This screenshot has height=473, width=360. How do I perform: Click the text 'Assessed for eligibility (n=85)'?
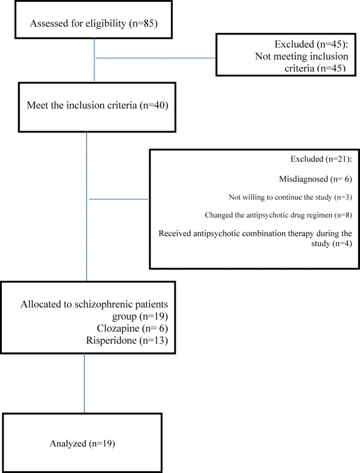click(x=94, y=23)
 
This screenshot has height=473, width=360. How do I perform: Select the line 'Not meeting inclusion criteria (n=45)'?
click(x=302, y=62)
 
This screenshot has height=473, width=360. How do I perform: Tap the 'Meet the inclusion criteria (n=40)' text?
click(x=97, y=105)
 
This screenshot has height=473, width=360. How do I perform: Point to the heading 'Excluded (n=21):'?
click(x=321, y=159)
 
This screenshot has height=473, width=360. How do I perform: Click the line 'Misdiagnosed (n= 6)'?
click(x=315, y=179)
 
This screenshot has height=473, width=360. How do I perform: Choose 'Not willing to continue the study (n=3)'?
click(x=290, y=197)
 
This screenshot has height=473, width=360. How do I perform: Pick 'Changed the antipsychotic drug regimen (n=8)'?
click(x=278, y=215)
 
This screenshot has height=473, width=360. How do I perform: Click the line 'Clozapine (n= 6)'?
click(x=132, y=329)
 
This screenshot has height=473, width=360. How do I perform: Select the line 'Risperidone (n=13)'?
click(x=127, y=341)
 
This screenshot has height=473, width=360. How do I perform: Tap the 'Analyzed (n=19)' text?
click(x=82, y=444)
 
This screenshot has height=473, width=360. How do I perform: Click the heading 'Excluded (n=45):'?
click(x=311, y=44)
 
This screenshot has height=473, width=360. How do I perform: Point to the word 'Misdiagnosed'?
click(x=303, y=179)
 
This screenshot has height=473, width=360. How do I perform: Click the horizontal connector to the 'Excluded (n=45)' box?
click(x=155, y=58)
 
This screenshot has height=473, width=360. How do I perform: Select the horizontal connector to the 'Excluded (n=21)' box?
click(x=118, y=199)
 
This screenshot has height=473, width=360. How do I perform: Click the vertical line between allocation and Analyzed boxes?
click(x=84, y=383)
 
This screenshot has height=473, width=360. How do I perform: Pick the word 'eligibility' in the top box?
click(x=105, y=24)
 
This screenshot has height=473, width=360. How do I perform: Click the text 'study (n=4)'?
click(x=332, y=244)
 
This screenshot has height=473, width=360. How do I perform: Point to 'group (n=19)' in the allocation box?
click(x=140, y=316)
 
